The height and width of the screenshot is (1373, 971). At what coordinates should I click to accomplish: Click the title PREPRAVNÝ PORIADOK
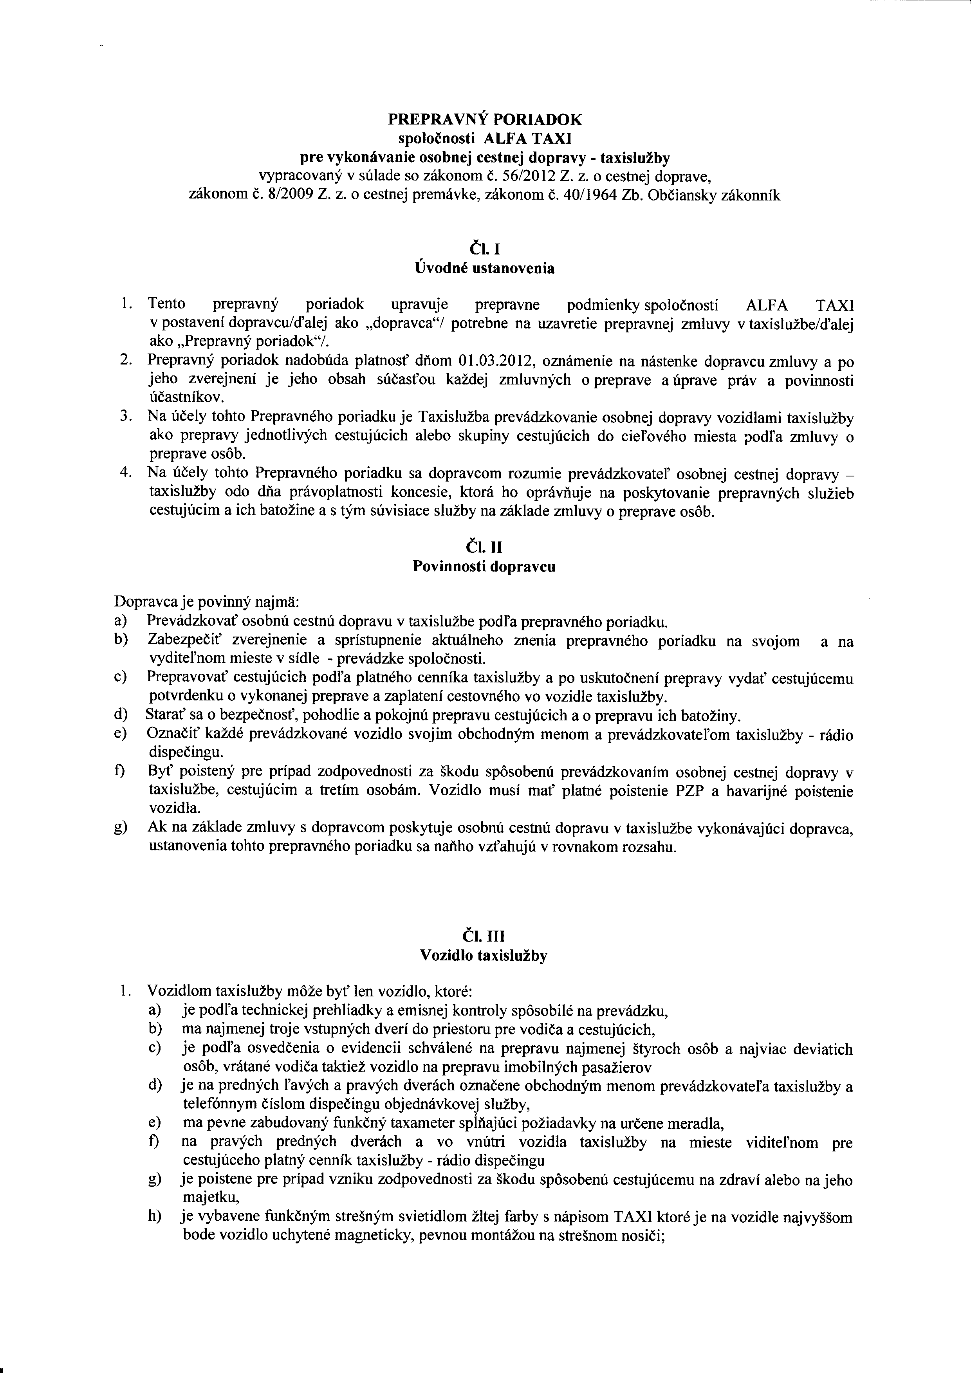(x=485, y=119)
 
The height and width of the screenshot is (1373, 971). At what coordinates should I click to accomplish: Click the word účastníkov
(x=178, y=397)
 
